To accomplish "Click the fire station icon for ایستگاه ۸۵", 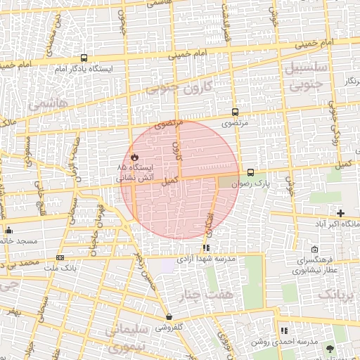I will coord(133,156).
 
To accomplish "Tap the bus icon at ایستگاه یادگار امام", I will coord(84,58).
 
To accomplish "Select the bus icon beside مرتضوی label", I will coord(235,111).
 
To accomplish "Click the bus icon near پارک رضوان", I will coord(250,172).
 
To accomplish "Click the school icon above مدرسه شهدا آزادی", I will coord(205,247).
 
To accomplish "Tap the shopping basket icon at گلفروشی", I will coord(169,316).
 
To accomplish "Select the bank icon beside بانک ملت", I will coord(60,257).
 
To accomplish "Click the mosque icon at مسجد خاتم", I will coord(8,230).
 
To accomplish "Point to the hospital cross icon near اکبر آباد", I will coord(340,212).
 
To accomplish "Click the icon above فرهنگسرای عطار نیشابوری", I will coord(314,250).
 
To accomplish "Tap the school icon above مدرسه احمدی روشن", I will coord(284,330).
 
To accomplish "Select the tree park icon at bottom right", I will coord(330,349).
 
